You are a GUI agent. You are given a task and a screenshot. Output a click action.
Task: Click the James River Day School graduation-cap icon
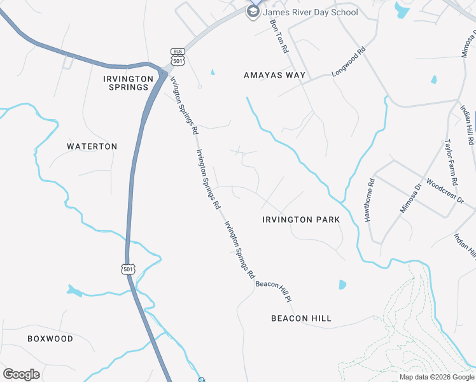(x=253, y=11)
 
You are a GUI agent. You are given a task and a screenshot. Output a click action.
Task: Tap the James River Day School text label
(x=311, y=12)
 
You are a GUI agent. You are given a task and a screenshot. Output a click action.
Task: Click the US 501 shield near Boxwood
(x=129, y=269)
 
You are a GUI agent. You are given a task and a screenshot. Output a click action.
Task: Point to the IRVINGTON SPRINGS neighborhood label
(x=129, y=83)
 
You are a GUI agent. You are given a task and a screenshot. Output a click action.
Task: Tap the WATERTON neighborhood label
(x=92, y=146)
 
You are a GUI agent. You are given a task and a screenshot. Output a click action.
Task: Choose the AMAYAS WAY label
(x=274, y=75)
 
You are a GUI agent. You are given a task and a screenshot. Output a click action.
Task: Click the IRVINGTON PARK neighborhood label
(x=301, y=220)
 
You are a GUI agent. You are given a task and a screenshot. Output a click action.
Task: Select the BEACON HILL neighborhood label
(x=301, y=318)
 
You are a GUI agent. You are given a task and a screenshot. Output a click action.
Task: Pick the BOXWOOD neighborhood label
(x=50, y=339)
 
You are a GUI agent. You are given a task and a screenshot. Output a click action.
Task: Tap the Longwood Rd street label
(x=349, y=64)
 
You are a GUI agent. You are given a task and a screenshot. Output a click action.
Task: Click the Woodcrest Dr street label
(x=445, y=189)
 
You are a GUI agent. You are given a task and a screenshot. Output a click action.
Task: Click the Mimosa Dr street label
(x=410, y=198)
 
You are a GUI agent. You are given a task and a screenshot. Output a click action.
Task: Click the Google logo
(x=21, y=374)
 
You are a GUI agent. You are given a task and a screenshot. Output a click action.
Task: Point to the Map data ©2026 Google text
(x=437, y=377)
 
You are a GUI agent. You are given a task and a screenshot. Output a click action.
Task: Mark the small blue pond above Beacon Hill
(x=342, y=285)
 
